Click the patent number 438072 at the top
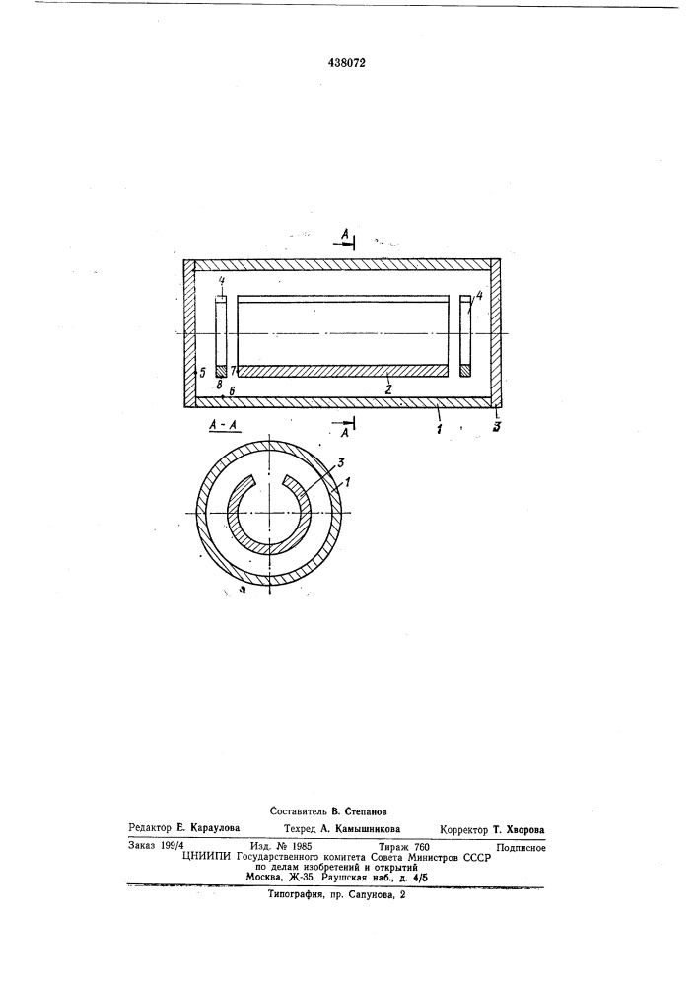pos(346,63)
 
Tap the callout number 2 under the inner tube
pos(388,389)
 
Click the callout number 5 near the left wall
pos(202,373)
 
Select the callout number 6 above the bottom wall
pos(232,391)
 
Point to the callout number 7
pos(233,371)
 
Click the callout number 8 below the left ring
pos(219,383)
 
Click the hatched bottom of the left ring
pos(220,371)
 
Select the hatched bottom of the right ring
pos(465,371)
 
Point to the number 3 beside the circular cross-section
pos(341,462)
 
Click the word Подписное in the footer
pos(521,848)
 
